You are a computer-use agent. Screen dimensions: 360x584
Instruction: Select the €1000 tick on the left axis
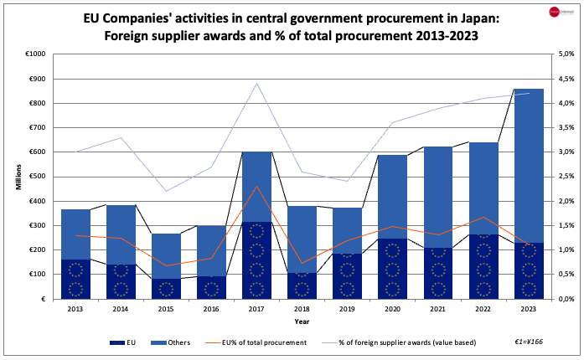[36, 54]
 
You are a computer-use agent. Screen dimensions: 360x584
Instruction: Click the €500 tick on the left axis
[38, 177]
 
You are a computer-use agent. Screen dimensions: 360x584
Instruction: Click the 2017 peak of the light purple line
[256, 83]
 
